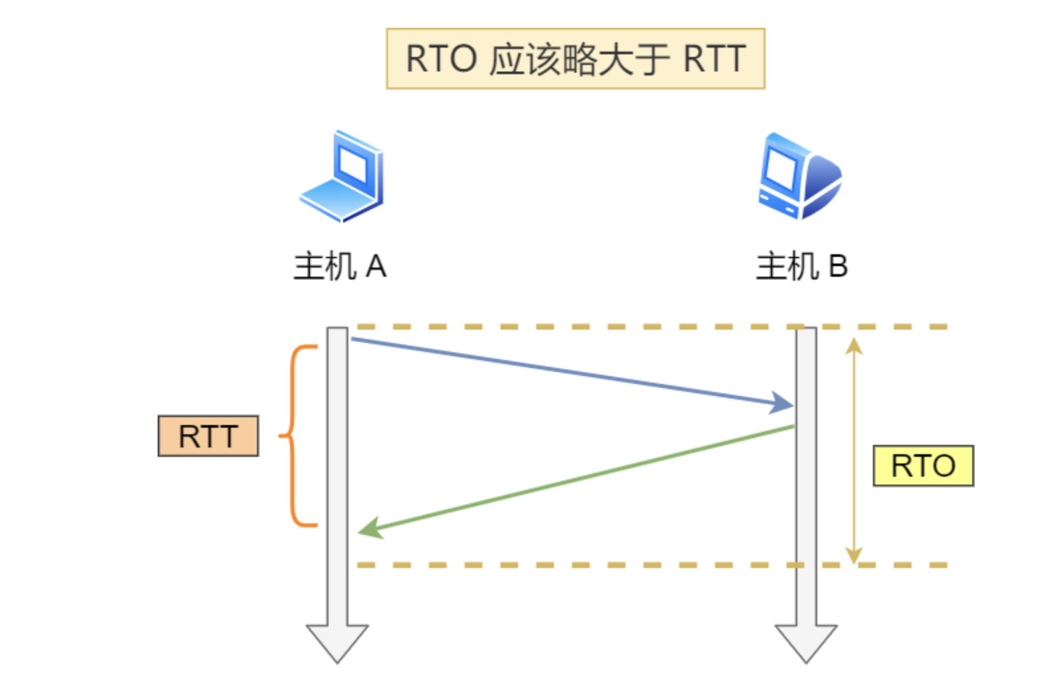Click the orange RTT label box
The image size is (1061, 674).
[x=208, y=436]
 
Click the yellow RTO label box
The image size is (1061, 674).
[x=923, y=466]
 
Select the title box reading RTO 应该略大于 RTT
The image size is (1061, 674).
[x=575, y=58]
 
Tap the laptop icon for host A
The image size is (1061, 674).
[x=342, y=177]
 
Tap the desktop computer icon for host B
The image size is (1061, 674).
[x=799, y=176]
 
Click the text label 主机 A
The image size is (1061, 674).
[x=340, y=267]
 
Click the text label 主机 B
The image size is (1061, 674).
[x=801, y=267]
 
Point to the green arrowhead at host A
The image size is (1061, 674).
[x=369, y=528]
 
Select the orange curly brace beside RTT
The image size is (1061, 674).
[x=295, y=436]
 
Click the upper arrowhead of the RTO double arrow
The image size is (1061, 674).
[x=854, y=346]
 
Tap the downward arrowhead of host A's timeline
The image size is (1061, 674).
[x=337, y=642]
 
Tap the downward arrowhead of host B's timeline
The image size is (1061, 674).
[x=806, y=642]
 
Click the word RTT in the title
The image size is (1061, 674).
[x=714, y=58]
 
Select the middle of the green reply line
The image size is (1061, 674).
[x=576, y=479]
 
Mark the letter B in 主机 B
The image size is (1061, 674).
[x=838, y=267]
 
